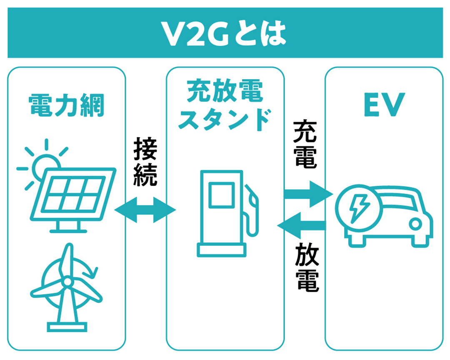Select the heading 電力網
point(66,105)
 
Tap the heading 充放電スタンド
point(225,105)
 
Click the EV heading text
point(385,105)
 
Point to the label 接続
point(145,162)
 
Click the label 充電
point(305,144)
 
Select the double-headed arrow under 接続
point(145,210)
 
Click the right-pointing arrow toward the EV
point(308,194)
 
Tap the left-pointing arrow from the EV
point(301,226)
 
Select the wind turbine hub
point(67,282)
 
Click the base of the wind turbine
point(67,327)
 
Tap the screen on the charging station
point(222,195)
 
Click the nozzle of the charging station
point(252,210)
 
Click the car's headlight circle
point(415,224)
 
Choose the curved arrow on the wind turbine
point(89,268)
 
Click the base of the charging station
point(222,250)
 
